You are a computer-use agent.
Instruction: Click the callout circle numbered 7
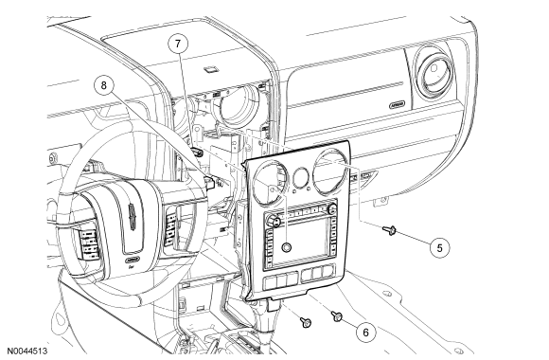tap(178, 44)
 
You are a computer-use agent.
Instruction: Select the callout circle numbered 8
tap(103, 85)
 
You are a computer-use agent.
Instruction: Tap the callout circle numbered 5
tap(440, 247)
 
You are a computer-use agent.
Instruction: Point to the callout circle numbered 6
tap(366, 332)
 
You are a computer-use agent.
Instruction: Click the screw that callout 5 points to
tap(389, 229)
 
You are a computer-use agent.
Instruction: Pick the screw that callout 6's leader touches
tap(337, 316)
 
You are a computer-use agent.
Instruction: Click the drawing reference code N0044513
tap(27, 351)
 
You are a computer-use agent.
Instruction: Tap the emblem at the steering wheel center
tap(132, 217)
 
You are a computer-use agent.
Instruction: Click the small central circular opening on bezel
tap(301, 177)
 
